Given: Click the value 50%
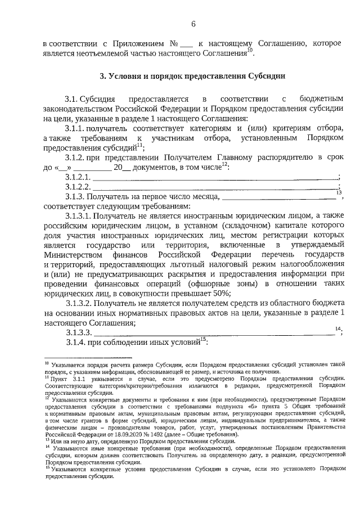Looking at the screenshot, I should click(x=221, y=292).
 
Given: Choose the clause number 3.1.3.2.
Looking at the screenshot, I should click(x=78, y=303).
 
